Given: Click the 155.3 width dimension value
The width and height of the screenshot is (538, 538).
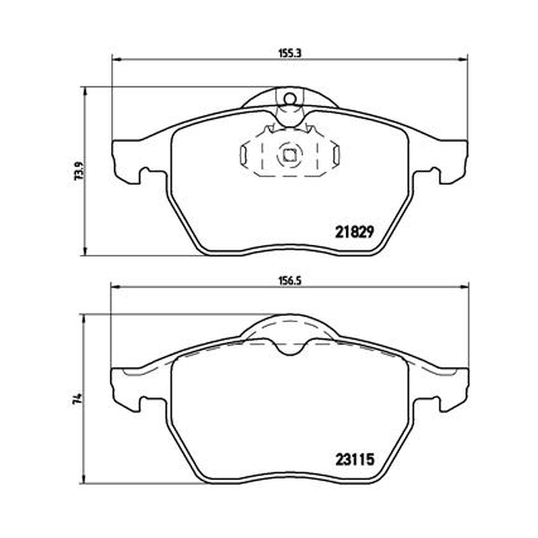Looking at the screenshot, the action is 289,53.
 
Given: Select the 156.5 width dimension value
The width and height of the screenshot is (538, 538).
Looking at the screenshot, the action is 289,281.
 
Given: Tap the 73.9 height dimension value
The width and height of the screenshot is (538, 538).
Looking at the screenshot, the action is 79,171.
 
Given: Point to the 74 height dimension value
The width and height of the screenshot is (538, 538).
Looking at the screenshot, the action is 79,398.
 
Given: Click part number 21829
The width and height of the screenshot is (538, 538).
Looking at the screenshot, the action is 354,233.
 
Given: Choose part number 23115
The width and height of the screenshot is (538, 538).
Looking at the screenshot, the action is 354,460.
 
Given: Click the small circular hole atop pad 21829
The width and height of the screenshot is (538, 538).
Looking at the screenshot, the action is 290,99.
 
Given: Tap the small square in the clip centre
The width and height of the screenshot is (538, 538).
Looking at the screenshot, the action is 290,156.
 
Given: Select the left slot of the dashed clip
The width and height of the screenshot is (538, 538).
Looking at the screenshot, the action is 243,155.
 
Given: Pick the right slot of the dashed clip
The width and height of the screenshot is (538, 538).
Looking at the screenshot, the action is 336,155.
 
